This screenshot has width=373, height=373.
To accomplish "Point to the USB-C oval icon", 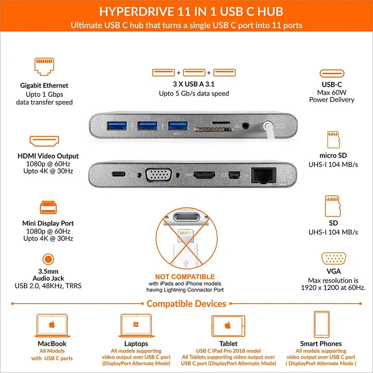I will [x=332, y=74].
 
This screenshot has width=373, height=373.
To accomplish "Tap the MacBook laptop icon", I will [x=52, y=325].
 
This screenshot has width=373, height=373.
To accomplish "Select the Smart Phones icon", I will [x=321, y=325].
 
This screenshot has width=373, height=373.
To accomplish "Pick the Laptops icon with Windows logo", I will [x=136, y=325].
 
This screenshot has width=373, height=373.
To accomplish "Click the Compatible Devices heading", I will [x=186, y=304].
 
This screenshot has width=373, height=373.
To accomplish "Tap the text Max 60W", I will [x=332, y=92].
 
